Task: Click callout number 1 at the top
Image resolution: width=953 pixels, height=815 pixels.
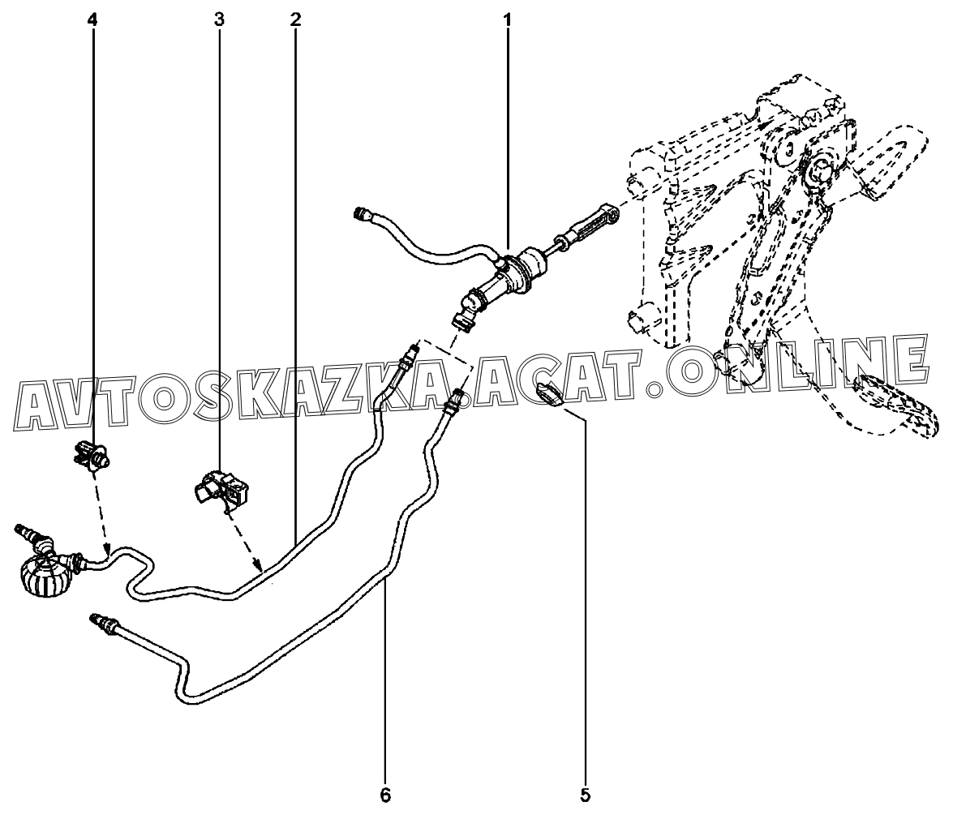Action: click(x=508, y=18)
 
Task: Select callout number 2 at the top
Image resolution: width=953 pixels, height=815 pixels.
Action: click(x=294, y=18)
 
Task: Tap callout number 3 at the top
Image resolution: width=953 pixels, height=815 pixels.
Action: click(x=219, y=18)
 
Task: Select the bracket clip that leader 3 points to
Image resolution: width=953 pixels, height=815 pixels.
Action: click(x=221, y=489)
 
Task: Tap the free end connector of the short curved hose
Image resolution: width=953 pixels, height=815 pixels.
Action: click(x=362, y=215)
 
